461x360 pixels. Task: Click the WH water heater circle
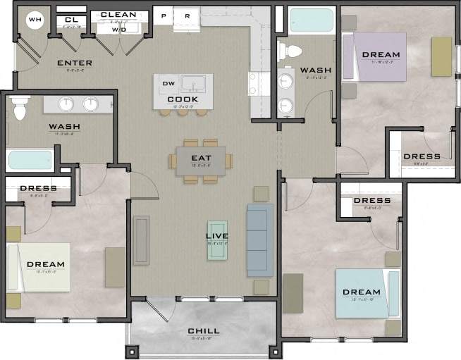[35, 20]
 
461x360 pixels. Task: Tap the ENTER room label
[74, 63]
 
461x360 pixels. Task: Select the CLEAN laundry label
[118, 15]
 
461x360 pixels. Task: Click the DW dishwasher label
[168, 84]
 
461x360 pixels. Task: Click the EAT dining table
[201, 160]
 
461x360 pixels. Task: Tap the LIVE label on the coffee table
[217, 235]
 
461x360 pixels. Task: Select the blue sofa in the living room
[259, 240]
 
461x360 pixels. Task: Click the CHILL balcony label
[203, 331]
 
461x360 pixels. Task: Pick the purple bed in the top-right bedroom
[375, 56]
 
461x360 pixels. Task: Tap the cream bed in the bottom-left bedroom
[42, 266]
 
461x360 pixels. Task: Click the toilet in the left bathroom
[20, 109]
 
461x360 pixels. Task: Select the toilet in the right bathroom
[290, 51]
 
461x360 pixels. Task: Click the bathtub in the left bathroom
[30, 160]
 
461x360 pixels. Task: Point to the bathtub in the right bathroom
[311, 20]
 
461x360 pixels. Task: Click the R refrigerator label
[188, 15]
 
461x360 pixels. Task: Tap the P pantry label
[164, 15]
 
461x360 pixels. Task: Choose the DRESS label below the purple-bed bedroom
[422, 156]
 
